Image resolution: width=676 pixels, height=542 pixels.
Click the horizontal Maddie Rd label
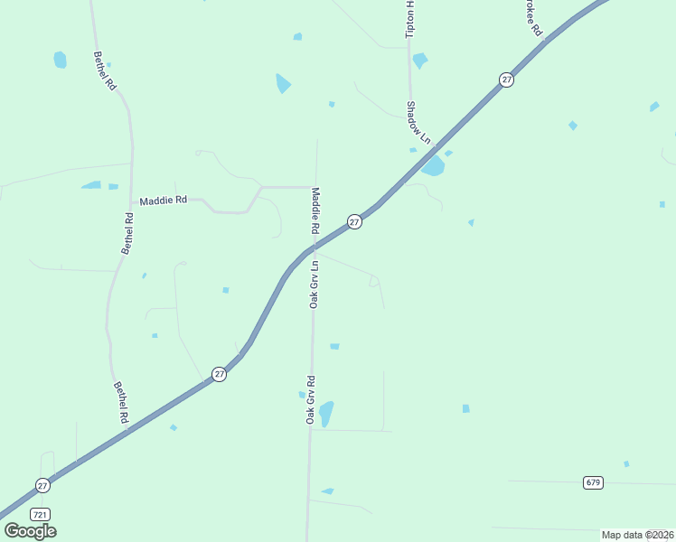(x=163, y=200)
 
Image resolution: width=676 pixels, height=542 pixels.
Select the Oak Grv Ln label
(x=315, y=285)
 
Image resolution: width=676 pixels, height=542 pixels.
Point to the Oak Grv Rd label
(x=310, y=399)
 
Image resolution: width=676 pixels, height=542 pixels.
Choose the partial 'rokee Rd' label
(x=531, y=17)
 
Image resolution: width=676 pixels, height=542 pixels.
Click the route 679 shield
(x=593, y=482)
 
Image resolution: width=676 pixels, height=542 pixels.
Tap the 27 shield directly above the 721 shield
(x=42, y=485)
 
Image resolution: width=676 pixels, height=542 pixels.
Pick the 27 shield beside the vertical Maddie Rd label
(x=355, y=221)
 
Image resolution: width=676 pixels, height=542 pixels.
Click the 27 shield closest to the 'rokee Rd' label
(x=506, y=80)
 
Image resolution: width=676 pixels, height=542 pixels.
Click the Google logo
(x=30, y=531)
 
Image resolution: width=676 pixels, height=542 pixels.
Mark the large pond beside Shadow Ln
(x=433, y=166)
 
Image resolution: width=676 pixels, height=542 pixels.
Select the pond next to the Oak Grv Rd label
(x=326, y=414)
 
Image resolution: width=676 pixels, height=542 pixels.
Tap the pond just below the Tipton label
(x=419, y=61)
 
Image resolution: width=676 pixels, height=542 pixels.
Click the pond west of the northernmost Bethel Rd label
(x=60, y=60)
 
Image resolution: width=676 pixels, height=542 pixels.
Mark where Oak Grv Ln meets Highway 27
(x=314, y=247)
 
